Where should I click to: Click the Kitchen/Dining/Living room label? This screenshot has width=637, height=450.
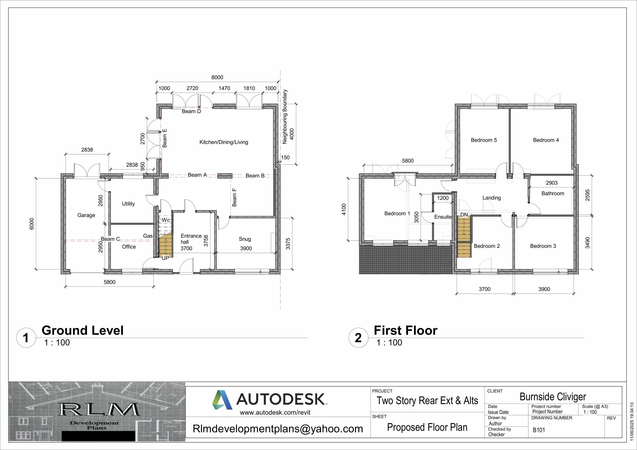coord(224,142)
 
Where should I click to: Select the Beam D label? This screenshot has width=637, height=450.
coord(191,112)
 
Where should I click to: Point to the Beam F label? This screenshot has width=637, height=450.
coord(234,198)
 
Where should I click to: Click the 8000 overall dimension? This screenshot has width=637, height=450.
coord(217,78)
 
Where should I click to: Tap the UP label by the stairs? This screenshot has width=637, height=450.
coord(165,258)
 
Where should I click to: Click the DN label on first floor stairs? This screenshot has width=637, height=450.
coord(464,215)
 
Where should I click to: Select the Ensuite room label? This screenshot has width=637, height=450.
coord(443,217)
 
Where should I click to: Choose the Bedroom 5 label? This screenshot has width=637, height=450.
coord(484,140)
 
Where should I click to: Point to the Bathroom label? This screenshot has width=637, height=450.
coord(553,194)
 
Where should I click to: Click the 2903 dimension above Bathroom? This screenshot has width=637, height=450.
coord(552,183)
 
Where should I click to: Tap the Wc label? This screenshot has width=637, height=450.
coord(166,220)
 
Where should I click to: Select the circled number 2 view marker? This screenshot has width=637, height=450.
coord(358,338)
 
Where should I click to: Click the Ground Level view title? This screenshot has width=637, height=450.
coord(82,331)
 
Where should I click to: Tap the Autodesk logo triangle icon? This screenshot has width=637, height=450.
coord(222,400)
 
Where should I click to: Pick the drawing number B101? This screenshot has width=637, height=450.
coord(539,430)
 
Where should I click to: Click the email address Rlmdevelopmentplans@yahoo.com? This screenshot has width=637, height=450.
coord(278,429)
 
